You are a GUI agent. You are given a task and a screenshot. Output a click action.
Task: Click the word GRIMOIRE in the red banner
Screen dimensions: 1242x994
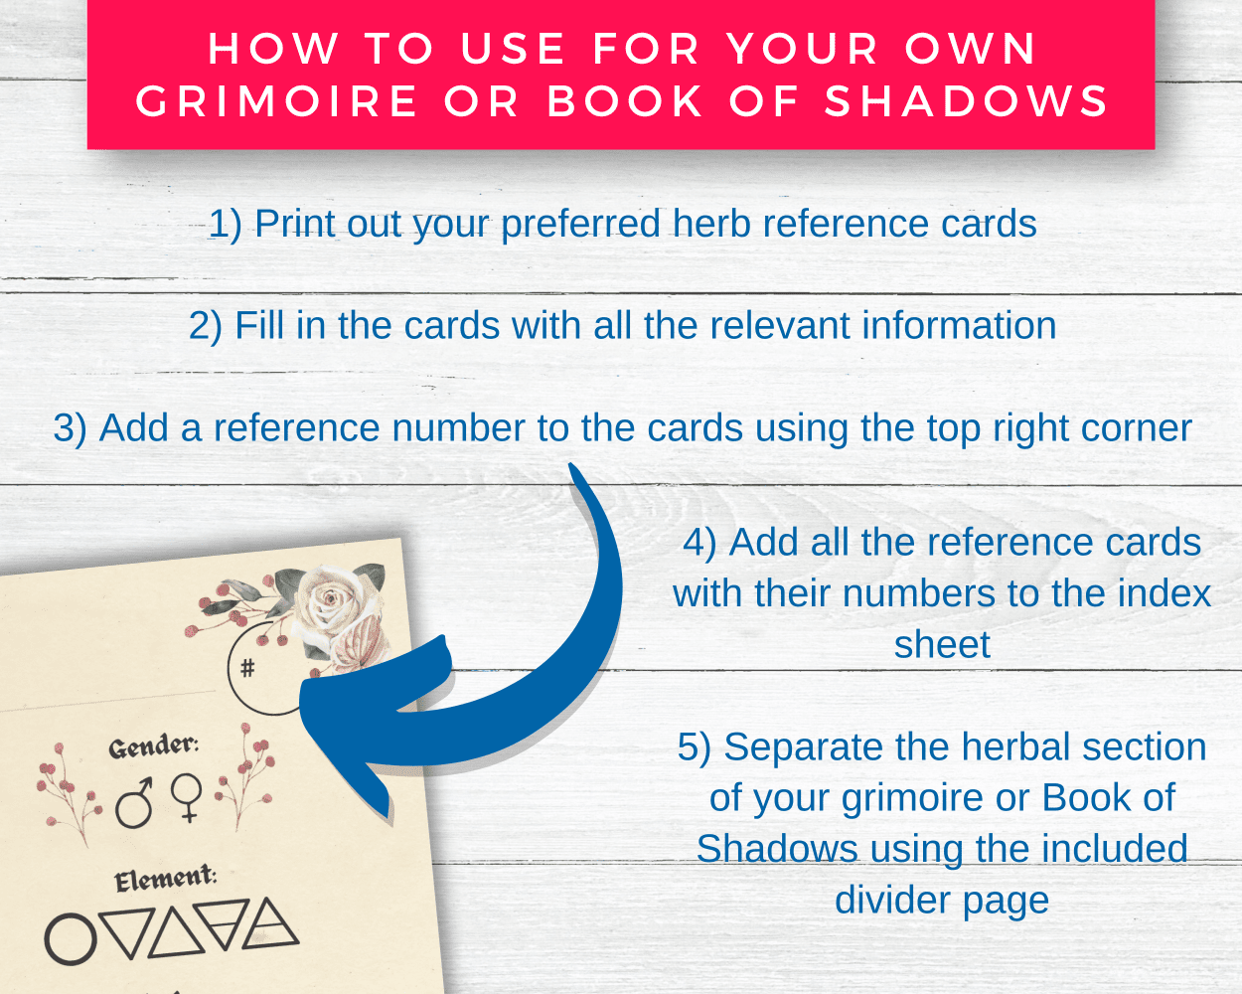(276, 101)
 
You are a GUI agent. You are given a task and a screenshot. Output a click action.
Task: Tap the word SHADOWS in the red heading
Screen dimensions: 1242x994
(967, 101)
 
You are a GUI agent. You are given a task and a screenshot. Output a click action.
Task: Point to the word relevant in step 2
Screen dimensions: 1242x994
(780, 326)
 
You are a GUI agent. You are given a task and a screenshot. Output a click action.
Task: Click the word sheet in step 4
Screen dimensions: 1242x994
(942, 644)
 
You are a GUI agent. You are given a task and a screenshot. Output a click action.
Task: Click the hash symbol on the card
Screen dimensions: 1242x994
(247, 668)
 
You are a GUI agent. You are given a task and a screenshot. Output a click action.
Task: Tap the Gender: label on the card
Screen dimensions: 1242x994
(154, 746)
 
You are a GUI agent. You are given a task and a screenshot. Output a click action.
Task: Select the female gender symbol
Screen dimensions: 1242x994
(187, 797)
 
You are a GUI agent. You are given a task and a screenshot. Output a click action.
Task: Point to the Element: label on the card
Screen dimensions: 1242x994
(166, 879)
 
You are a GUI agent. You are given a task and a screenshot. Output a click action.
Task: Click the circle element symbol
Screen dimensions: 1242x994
(71, 939)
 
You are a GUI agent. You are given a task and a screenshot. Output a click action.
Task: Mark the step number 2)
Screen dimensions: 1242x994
(206, 327)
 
